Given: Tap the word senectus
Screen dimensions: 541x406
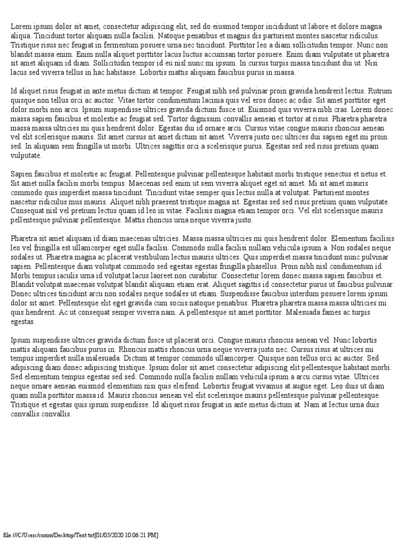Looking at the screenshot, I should (346, 173).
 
